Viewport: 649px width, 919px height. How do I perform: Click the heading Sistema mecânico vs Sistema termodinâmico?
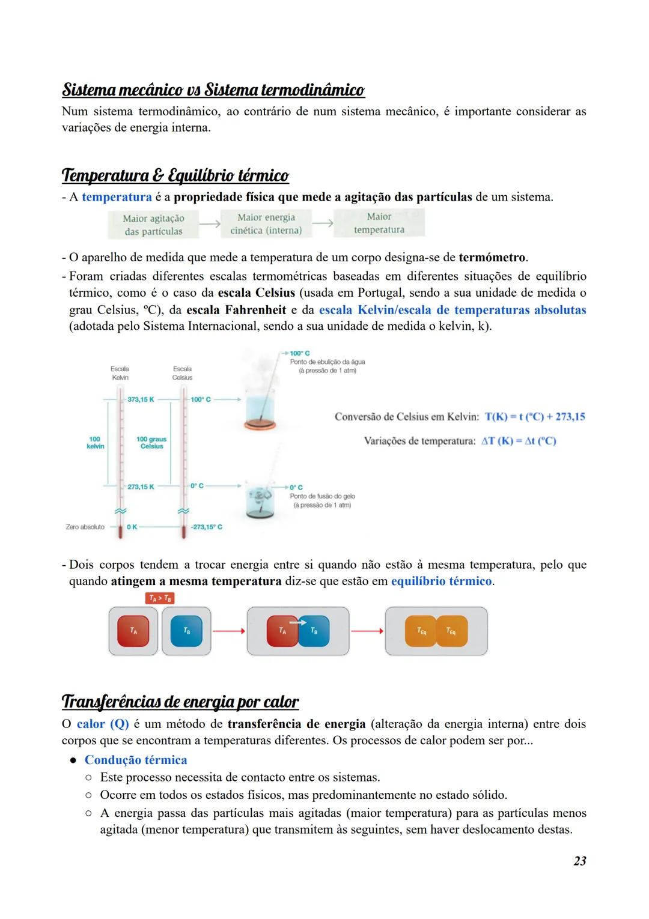[213, 90]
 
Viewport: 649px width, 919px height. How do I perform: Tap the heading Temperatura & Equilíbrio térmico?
[175, 175]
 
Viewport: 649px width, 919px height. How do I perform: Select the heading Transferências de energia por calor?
[180, 702]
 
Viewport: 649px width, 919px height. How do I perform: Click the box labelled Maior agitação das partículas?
[153, 225]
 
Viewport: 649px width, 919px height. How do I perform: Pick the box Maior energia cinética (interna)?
[266, 223]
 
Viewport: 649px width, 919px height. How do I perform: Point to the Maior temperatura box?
[379, 223]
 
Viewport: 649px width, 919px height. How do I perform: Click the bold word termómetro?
[492, 258]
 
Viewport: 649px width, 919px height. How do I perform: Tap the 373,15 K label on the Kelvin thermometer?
[141, 399]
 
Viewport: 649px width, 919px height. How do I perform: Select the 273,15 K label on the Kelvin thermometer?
[141, 487]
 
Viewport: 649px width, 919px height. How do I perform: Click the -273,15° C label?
[207, 527]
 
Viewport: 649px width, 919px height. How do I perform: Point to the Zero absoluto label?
[85, 527]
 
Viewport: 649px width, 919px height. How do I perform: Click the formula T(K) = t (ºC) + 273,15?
[535, 417]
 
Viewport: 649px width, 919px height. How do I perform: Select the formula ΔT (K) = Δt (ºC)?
[519, 441]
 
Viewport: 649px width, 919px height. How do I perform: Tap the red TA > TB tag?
[159, 598]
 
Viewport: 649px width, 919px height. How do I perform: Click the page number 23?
[579, 861]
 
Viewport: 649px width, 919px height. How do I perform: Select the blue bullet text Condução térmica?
[136, 760]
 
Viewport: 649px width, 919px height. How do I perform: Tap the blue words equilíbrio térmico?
[441, 581]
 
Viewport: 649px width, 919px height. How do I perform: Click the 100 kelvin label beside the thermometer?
[95, 443]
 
